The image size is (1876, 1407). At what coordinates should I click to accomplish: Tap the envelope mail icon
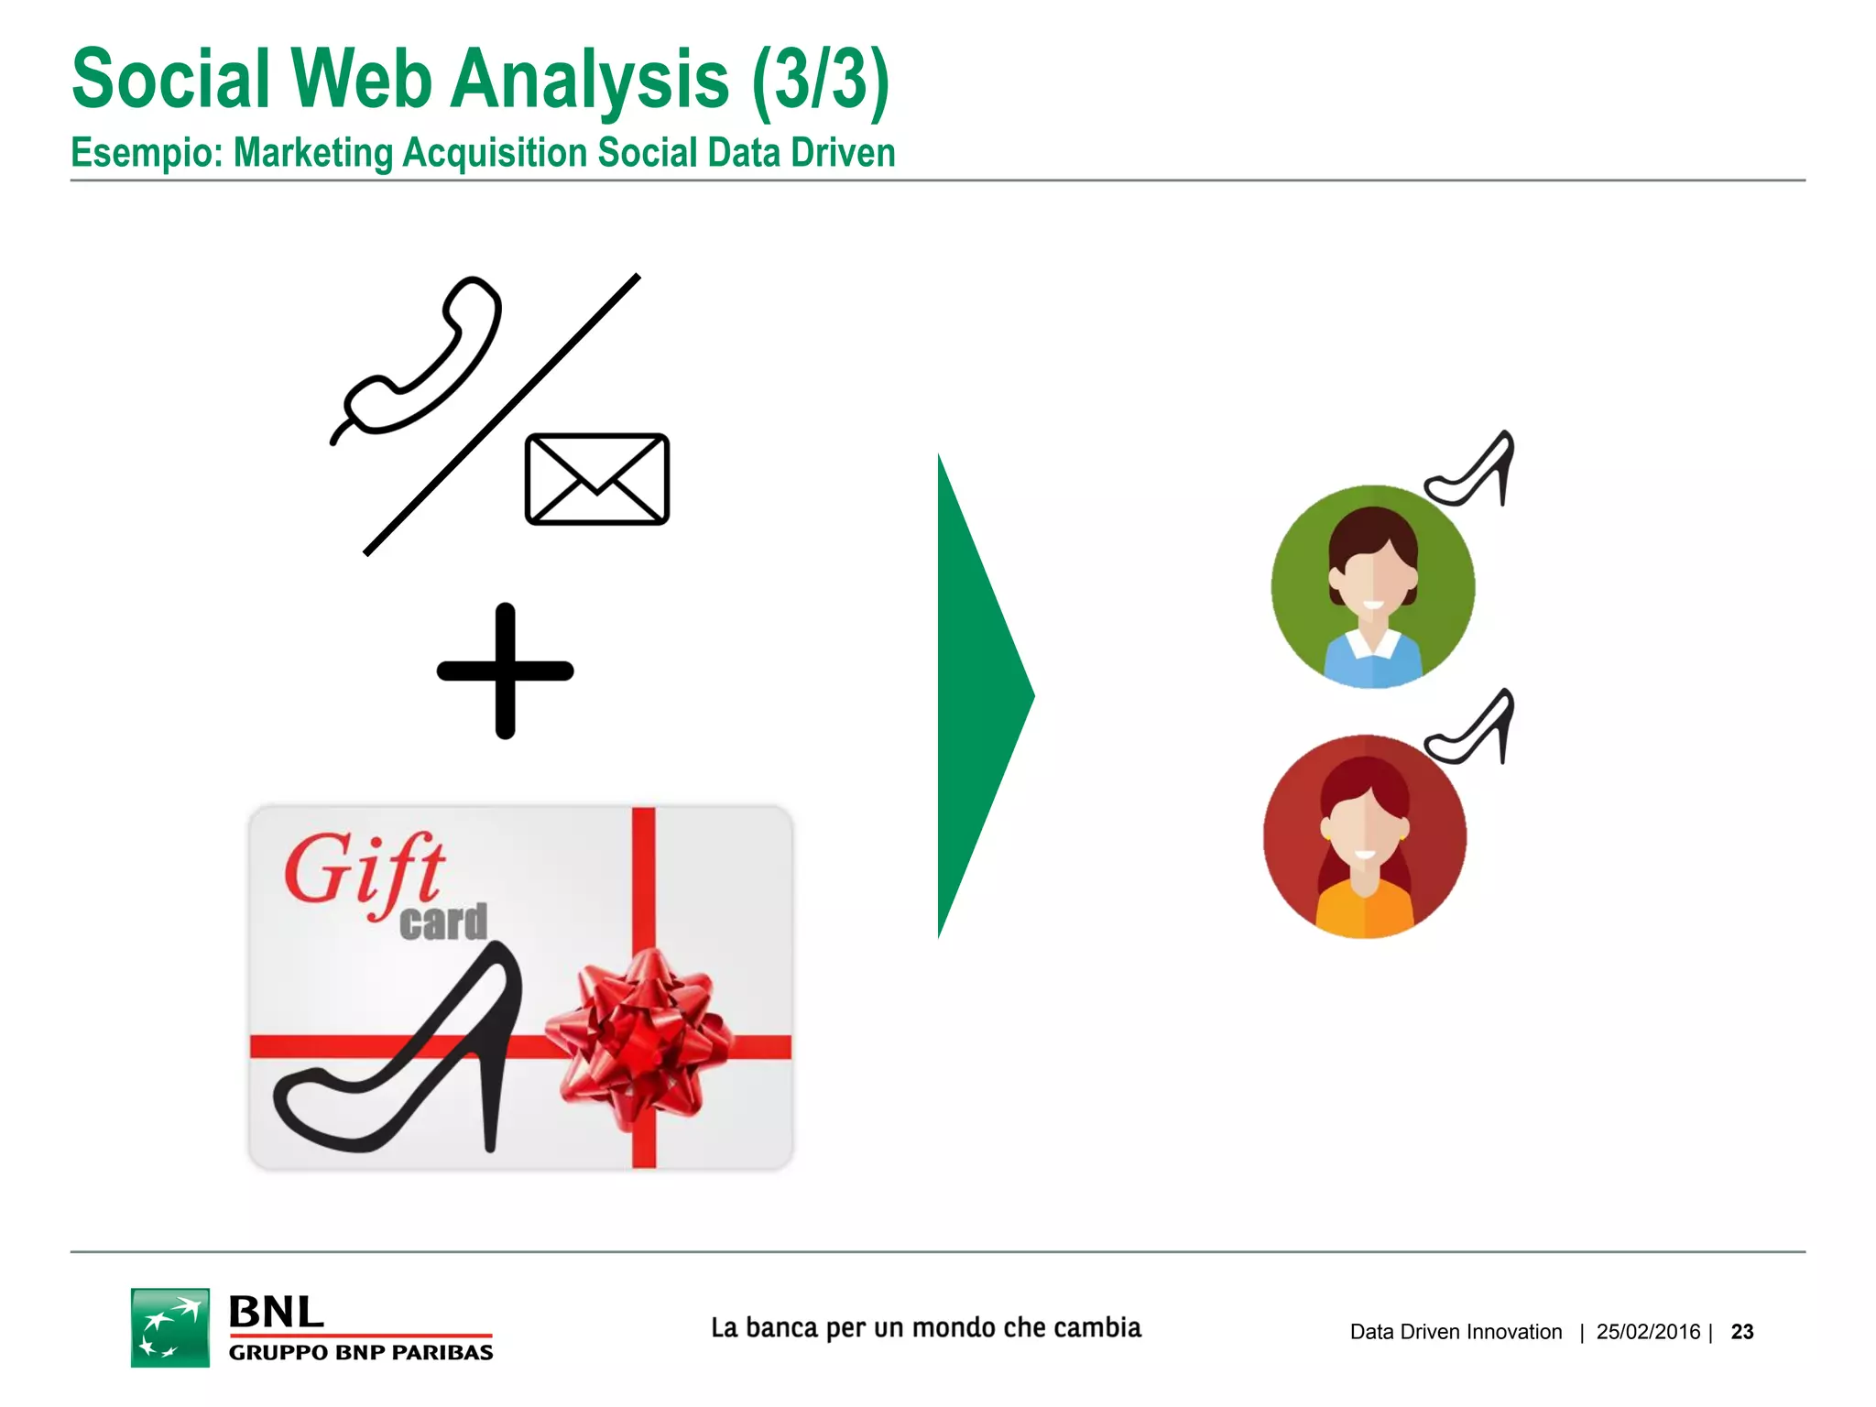click(596, 479)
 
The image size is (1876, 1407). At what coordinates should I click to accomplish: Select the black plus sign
click(505, 671)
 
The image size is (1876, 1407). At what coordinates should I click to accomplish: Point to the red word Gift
click(365, 870)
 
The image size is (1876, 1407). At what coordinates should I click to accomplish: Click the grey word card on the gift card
click(443, 922)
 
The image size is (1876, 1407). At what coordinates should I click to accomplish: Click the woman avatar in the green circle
click(1372, 586)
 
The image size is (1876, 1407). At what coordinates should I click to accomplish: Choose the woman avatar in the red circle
click(1365, 836)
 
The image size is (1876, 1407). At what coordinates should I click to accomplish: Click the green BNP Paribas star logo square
click(170, 1327)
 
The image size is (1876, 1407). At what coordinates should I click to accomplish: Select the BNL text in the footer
click(276, 1312)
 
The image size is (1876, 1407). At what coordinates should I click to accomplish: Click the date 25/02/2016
click(1648, 1332)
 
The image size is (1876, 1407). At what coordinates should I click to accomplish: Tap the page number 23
click(1742, 1332)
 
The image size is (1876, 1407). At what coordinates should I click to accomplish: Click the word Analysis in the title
click(590, 81)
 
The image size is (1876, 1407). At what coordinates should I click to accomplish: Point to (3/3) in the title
click(820, 81)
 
